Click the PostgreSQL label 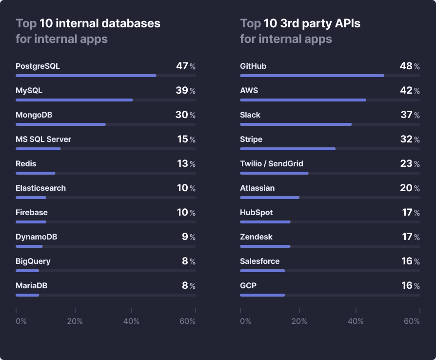(38, 66)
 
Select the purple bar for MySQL (74, 100)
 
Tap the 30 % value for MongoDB (185, 115)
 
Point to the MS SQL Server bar (38, 149)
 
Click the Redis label (26, 164)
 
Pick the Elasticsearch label (40, 188)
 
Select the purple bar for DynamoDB (29, 246)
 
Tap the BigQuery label (33, 261)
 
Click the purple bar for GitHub (312, 76)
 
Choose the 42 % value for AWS (410, 91)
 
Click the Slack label (250, 115)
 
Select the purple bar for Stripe (288, 149)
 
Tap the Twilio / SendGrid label (272, 164)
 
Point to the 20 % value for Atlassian (410, 188)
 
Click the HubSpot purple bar (265, 222)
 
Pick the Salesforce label (259, 261)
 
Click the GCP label (248, 286)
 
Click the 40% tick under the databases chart (131, 321)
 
